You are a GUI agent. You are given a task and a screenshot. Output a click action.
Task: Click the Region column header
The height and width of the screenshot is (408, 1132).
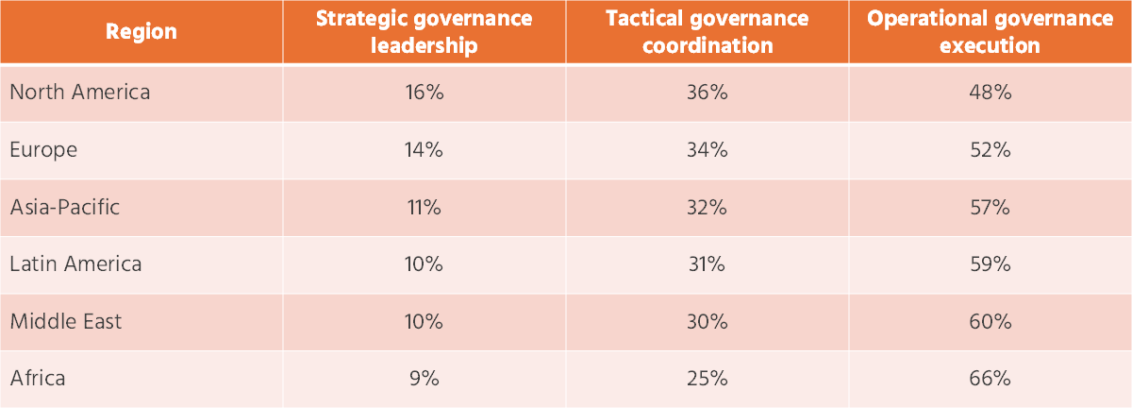tap(141, 31)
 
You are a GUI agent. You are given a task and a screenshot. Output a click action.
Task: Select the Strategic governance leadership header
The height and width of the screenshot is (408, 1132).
tap(424, 31)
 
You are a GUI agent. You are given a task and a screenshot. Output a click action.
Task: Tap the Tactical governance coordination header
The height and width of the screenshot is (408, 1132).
tap(707, 31)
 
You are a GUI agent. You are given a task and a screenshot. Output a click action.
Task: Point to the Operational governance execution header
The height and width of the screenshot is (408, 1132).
tap(990, 31)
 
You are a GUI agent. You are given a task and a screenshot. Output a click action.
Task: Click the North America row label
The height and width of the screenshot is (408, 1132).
tap(79, 93)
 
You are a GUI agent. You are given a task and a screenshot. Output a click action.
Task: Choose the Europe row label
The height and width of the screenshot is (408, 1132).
tap(43, 149)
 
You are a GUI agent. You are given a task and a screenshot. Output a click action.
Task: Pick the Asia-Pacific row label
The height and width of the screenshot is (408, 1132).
tap(65, 207)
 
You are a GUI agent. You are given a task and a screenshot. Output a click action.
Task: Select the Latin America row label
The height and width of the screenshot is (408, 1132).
tap(75, 263)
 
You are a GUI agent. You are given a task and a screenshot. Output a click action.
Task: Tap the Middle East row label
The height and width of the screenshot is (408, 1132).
tap(66, 321)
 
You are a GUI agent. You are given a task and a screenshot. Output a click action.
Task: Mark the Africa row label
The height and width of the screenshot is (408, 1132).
tap(38, 379)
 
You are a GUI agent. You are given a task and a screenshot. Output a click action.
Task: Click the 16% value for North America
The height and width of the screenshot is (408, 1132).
tap(424, 93)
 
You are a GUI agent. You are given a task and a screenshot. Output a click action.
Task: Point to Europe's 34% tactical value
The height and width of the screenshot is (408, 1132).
tap(707, 149)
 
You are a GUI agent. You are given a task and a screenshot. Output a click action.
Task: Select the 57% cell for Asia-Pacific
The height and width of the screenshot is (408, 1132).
tap(990, 207)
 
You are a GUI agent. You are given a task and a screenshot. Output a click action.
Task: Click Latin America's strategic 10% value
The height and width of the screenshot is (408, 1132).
tap(424, 263)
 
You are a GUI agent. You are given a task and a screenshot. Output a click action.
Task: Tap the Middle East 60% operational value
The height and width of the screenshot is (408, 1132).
tap(990, 321)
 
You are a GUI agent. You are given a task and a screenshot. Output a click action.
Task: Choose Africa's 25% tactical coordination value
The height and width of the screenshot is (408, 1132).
tap(707, 379)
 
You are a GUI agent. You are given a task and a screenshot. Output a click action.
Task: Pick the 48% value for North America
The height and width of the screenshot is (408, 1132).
tap(990, 93)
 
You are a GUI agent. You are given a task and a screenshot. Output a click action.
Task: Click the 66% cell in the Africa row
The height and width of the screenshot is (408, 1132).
tap(990, 379)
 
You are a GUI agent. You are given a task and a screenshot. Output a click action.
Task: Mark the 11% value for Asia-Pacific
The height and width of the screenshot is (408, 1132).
tap(424, 207)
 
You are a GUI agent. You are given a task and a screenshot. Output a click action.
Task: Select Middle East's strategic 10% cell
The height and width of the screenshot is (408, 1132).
tap(424, 321)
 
